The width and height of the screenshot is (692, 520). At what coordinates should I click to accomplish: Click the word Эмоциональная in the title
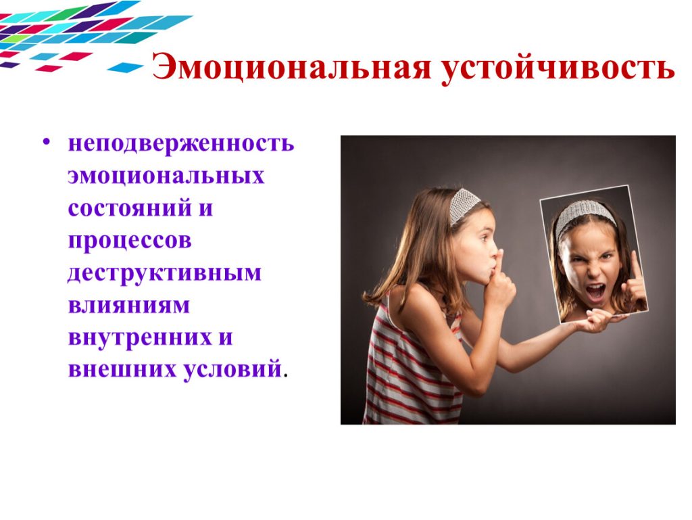point(291,67)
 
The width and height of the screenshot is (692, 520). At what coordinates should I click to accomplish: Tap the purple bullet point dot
point(47,142)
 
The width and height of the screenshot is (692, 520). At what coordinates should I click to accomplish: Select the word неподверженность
point(181,143)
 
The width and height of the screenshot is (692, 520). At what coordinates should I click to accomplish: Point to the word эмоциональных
point(166,176)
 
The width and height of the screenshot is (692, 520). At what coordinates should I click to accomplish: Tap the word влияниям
point(128,305)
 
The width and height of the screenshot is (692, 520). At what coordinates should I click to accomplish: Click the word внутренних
point(135,338)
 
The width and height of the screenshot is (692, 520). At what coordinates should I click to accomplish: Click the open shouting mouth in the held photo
point(595,291)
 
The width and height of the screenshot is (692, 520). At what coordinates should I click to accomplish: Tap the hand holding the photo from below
point(598,320)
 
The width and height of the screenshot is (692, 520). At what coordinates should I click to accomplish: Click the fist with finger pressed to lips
point(499,283)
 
